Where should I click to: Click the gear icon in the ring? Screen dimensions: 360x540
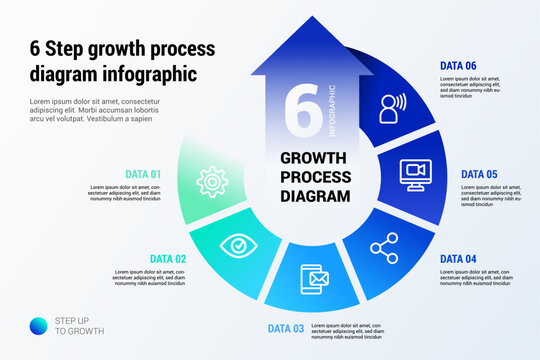[184, 181]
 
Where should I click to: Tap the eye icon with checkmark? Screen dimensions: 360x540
[237, 243]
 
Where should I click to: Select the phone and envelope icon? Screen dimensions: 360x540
[313, 279]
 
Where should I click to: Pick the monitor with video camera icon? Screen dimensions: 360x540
[414, 173]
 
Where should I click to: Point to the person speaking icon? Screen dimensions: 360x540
[392, 106]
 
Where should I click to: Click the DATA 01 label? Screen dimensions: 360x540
[143, 174]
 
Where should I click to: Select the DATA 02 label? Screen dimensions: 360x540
[168, 259]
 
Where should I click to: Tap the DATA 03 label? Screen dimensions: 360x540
[285, 328]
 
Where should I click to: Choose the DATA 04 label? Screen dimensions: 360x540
[458, 259]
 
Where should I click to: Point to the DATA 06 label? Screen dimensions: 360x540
[458, 66]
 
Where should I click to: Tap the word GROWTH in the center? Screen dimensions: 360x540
[313, 157]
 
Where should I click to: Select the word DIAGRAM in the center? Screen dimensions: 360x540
[314, 197]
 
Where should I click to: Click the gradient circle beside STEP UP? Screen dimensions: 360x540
[38, 325]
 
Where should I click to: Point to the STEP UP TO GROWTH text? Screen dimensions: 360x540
[78, 325]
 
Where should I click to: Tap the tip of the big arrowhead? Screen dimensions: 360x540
[313, 19]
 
